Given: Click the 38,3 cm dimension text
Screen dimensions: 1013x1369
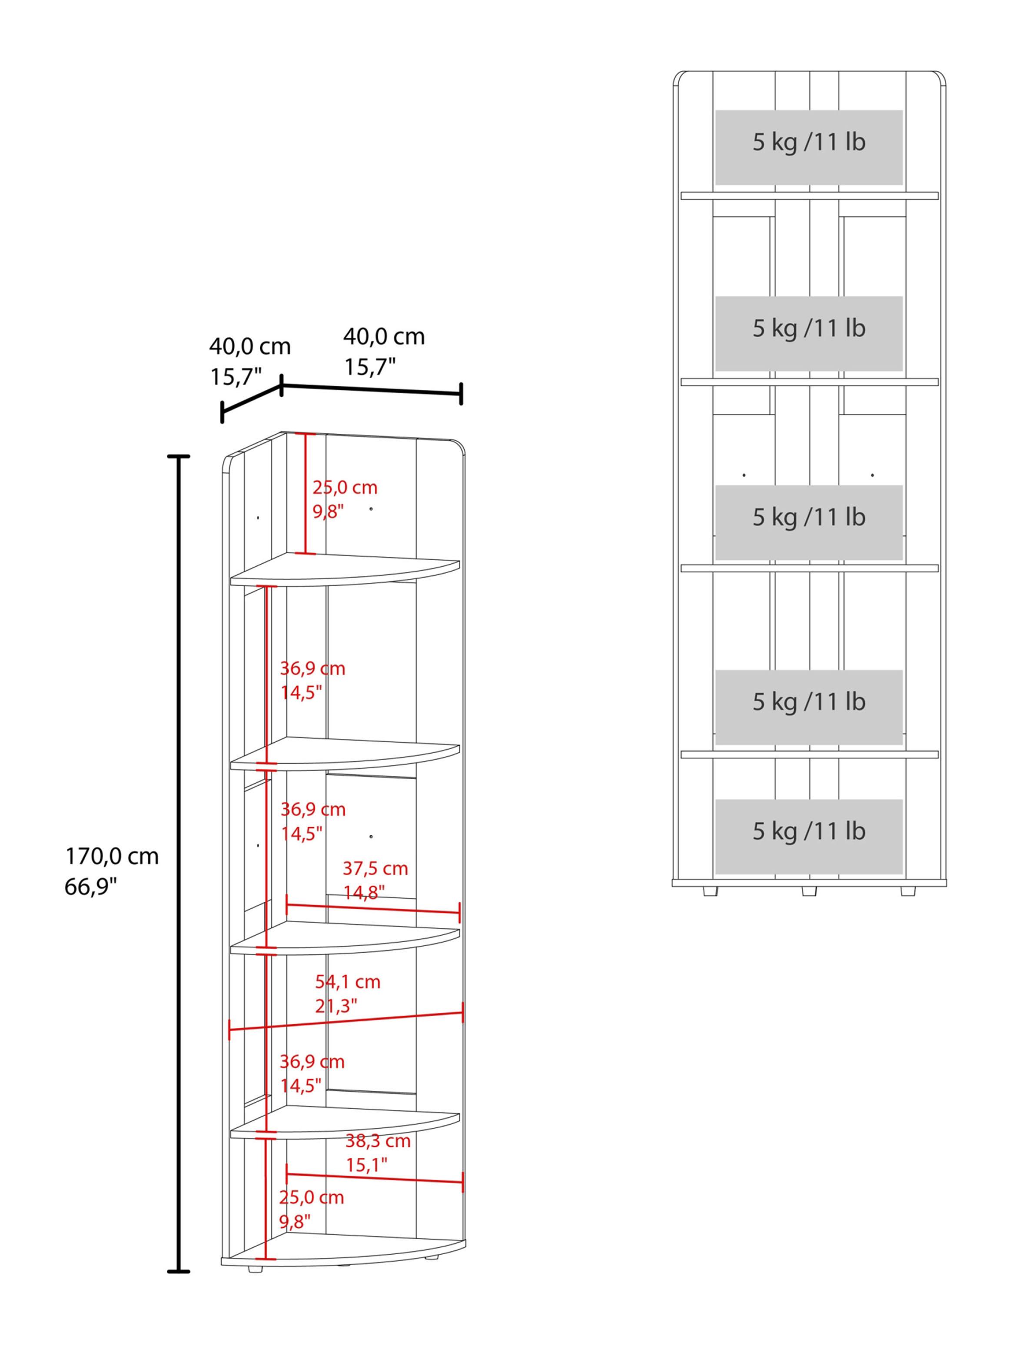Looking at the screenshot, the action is tap(378, 1141).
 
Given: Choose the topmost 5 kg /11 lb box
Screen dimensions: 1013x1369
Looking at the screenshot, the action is tap(809, 147).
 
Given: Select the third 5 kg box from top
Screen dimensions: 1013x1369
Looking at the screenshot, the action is tap(809, 522).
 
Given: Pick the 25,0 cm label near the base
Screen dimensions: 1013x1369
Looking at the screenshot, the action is tap(312, 1197).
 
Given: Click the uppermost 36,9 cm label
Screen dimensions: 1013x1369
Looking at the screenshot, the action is tap(313, 668).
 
